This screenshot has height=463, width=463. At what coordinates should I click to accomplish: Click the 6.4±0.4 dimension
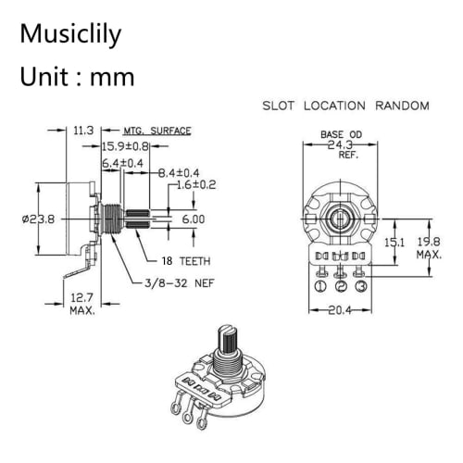coord(123,163)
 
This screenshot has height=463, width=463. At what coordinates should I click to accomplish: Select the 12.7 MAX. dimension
coord(83,304)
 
